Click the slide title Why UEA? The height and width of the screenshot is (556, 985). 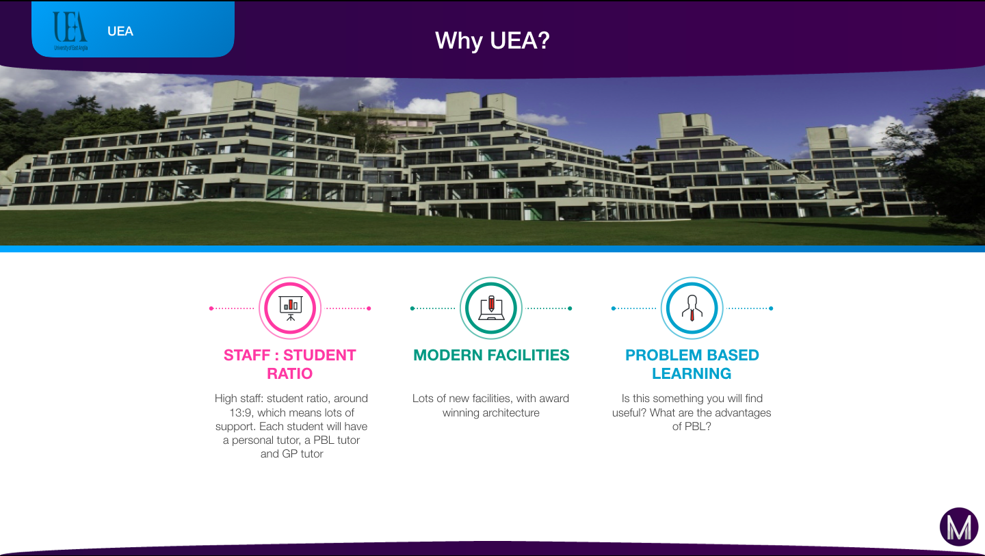(492, 41)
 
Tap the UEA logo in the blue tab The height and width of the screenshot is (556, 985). (70, 31)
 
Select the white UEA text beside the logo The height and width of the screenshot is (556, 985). (120, 31)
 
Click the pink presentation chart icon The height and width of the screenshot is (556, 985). (290, 308)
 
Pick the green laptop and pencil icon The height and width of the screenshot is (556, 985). (491, 308)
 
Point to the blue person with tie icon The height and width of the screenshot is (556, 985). (692, 308)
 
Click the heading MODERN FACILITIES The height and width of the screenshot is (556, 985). (491, 355)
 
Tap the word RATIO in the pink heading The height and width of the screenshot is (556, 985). (290, 373)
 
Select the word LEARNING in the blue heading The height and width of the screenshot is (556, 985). (692, 373)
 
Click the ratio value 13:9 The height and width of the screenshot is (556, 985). (241, 412)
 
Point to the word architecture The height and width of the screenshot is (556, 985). (510, 412)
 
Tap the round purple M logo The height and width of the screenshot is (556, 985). (959, 527)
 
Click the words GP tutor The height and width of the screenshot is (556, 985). (302, 454)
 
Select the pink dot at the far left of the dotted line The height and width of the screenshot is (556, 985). (211, 308)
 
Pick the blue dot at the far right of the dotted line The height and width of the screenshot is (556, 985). (771, 308)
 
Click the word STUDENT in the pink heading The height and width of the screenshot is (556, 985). (319, 355)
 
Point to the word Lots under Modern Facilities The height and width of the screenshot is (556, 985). (423, 399)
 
